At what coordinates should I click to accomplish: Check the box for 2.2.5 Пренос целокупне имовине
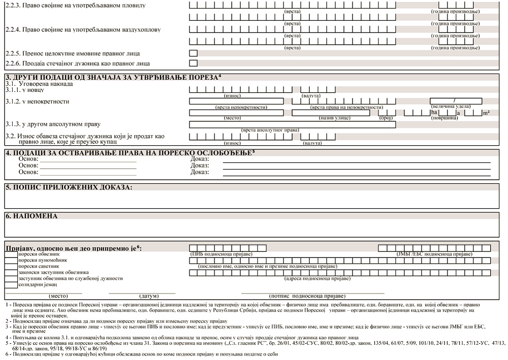(193, 53)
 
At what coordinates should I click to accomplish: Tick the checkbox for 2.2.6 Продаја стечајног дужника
(193, 63)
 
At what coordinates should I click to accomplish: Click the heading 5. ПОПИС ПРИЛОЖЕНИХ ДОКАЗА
(69, 187)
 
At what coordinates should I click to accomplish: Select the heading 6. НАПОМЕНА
(31, 216)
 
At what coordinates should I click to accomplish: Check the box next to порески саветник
(11, 266)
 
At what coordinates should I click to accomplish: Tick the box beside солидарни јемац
(11, 285)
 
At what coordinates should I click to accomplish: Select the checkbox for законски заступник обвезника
(11, 272)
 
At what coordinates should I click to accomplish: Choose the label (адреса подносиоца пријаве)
(316, 278)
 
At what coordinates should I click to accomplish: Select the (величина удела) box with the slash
(456, 101)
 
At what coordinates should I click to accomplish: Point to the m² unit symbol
(486, 113)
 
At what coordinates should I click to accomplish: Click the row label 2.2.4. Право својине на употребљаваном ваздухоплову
(83, 29)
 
